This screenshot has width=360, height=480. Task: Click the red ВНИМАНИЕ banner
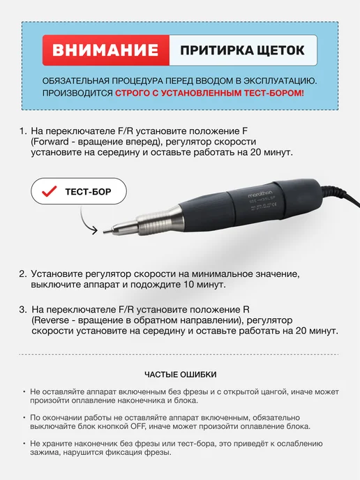(105, 50)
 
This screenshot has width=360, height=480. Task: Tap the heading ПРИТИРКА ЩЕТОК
(242, 50)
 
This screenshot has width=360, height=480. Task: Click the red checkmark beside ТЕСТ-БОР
(50, 191)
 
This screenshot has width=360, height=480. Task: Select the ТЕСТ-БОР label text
(88, 192)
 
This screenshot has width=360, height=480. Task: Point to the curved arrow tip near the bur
(97, 230)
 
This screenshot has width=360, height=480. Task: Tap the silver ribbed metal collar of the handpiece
(160, 220)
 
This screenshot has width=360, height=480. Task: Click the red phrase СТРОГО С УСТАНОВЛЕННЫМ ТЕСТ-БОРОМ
(210, 93)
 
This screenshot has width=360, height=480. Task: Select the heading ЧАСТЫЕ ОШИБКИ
(180, 375)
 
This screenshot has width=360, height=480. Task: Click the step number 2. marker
(23, 273)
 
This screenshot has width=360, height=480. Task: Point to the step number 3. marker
(23, 310)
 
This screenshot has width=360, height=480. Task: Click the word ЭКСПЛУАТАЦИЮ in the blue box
(280, 81)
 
